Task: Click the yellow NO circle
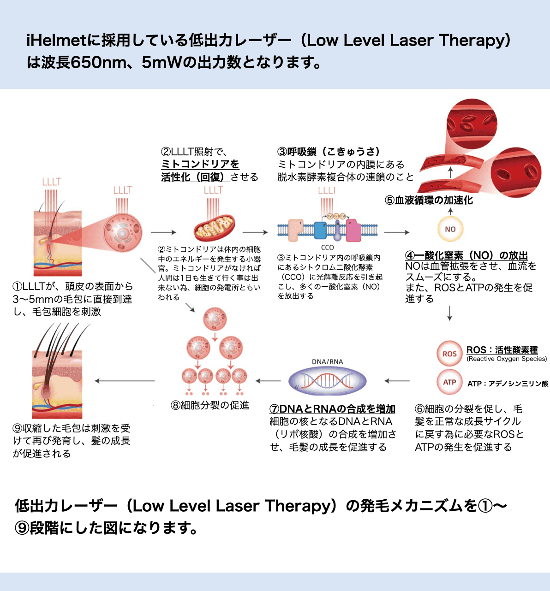[450, 229]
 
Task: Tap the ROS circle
[449, 354]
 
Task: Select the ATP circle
[449, 382]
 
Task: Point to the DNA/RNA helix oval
[327, 381]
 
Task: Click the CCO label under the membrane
[327, 248]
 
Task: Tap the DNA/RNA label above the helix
[327, 361]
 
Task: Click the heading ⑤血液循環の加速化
[429, 201]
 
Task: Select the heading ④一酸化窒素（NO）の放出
[466, 255]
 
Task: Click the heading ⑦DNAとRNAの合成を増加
[332, 409]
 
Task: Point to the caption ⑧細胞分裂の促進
[210, 405]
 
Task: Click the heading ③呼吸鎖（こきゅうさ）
[331, 152]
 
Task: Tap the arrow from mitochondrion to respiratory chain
[255, 232]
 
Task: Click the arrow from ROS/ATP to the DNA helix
[397, 381]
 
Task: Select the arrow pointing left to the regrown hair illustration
[125, 381]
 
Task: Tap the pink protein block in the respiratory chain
[353, 230]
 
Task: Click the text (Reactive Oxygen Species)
[506, 359]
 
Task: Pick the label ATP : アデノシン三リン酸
[508, 384]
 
